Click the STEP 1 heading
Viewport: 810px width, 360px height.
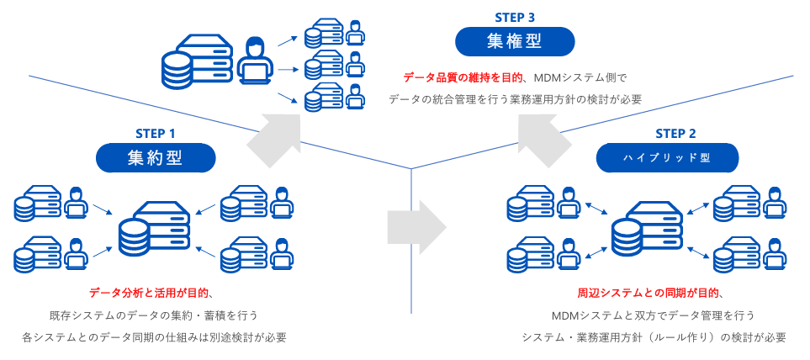click(x=155, y=134)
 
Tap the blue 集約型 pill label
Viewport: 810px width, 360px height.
click(x=155, y=158)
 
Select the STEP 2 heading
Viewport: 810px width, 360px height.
click(x=675, y=134)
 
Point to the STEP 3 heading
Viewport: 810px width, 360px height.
click(x=515, y=17)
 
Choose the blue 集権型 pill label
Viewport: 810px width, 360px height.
click(x=515, y=41)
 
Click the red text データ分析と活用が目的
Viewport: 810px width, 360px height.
click(x=149, y=294)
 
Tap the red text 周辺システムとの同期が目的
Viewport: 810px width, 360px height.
click(x=649, y=294)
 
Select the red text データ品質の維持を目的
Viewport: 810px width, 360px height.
click(x=463, y=78)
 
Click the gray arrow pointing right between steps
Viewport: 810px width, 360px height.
click(x=416, y=227)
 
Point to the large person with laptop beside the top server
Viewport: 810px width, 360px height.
click(x=256, y=61)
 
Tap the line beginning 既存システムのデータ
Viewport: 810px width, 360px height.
click(x=153, y=315)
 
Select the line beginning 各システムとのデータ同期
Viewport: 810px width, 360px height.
click(x=154, y=338)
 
